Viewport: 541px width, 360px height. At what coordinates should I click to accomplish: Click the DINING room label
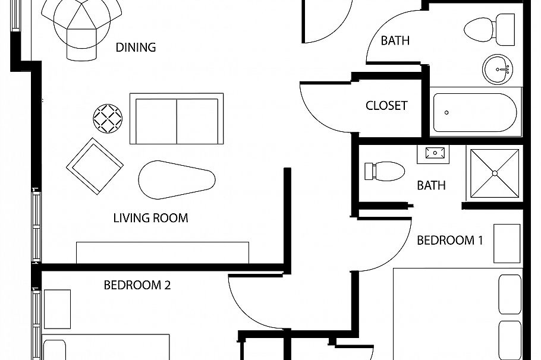(136, 48)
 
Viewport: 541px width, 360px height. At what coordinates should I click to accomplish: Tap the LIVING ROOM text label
(150, 218)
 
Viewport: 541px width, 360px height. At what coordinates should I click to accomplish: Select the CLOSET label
(386, 106)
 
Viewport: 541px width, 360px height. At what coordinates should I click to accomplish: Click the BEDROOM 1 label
(449, 241)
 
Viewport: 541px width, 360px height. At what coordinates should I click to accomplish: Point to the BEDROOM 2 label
(137, 285)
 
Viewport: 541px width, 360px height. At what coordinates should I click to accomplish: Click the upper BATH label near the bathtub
(395, 41)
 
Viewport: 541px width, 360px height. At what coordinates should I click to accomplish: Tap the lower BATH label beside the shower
(431, 185)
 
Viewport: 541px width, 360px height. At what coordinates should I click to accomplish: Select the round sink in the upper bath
(496, 70)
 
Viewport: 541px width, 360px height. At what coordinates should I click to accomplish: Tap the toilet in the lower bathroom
(384, 170)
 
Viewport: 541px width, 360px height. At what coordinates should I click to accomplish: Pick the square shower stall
(495, 172)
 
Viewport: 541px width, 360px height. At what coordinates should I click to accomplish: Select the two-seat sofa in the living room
(177, 118)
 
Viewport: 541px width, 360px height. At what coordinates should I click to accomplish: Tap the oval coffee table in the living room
(176, 179)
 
